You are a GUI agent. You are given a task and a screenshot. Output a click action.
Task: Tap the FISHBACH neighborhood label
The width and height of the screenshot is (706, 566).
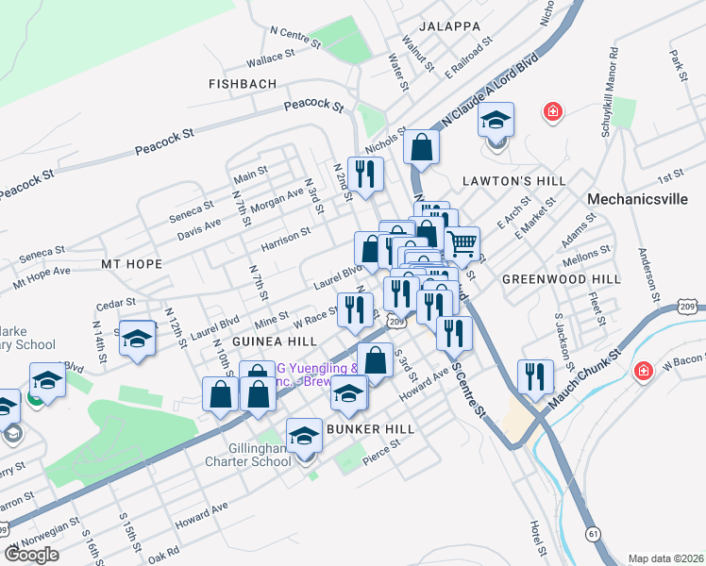click(244, 84)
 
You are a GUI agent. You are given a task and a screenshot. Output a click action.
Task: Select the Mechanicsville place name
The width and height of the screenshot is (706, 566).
click(634, 199)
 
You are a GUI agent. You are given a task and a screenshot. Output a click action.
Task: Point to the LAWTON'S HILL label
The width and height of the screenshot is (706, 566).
click(513, 180)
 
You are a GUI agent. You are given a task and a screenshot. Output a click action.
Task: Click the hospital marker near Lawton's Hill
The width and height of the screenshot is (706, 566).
click(552, 113)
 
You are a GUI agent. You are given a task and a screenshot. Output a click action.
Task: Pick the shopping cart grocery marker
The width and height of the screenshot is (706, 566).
click(462, 242)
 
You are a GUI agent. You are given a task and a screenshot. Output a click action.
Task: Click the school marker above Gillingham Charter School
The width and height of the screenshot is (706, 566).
click(304, 436)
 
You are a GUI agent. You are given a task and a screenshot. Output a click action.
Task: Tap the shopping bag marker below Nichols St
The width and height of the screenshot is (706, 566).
click(421, 147)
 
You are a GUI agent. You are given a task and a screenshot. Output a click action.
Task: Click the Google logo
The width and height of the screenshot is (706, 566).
click(31, 555)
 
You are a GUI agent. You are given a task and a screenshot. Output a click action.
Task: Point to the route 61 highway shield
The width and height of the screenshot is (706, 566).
click(592, 533)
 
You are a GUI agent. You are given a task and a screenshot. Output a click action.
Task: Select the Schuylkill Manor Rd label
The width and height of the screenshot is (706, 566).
click(608, 92)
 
